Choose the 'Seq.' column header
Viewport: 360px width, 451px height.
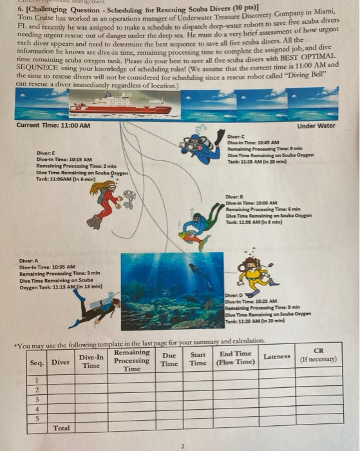37,362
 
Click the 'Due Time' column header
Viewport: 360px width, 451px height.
169,359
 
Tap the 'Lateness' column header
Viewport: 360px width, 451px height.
278,356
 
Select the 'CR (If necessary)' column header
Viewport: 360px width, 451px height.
317,355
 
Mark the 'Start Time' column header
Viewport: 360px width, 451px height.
198,358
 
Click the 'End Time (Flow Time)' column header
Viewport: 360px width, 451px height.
236,357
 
